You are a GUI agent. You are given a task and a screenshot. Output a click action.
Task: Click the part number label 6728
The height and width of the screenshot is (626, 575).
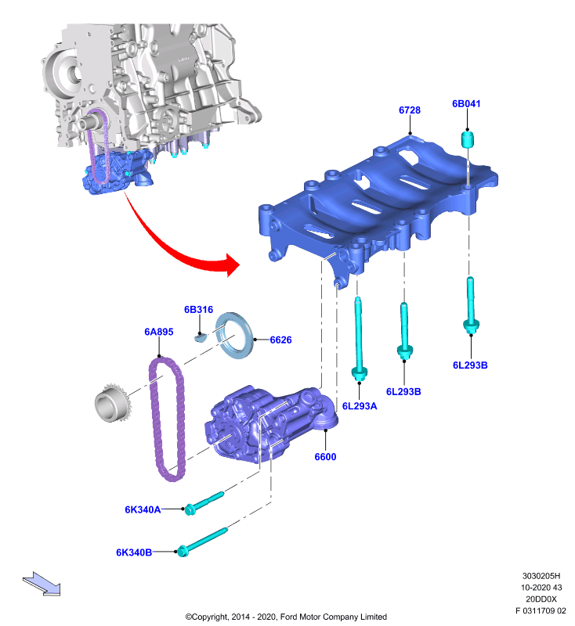409,110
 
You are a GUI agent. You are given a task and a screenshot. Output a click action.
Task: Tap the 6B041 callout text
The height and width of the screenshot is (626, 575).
466,104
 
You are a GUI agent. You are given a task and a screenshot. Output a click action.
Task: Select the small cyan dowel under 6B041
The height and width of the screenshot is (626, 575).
467,139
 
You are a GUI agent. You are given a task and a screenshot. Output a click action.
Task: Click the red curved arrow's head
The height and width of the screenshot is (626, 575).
232,264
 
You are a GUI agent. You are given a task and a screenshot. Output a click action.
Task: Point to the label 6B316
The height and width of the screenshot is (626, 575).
198,309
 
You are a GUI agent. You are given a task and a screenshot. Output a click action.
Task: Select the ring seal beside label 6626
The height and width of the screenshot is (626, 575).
234,336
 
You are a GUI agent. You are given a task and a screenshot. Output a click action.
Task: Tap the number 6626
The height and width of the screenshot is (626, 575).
280,340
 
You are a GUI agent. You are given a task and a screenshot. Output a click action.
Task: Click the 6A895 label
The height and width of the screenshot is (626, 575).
159,332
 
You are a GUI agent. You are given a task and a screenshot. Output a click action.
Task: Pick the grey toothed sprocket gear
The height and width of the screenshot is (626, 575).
113,402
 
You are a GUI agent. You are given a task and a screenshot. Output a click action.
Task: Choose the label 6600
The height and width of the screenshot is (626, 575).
325,457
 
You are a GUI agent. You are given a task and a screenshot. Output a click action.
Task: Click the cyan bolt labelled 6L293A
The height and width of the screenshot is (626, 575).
359,340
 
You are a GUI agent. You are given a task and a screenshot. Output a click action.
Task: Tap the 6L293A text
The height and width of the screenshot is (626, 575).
360,406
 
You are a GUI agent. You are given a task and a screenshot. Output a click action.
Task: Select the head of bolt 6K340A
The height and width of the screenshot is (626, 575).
190,509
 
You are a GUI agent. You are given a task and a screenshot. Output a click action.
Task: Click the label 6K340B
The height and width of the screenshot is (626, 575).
134,552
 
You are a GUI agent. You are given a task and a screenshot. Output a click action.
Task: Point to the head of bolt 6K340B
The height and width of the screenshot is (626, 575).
183,551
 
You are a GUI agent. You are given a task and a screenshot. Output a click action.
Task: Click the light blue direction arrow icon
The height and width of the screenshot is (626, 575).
42,584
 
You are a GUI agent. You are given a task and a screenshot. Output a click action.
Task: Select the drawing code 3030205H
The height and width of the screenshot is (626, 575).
541,576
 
